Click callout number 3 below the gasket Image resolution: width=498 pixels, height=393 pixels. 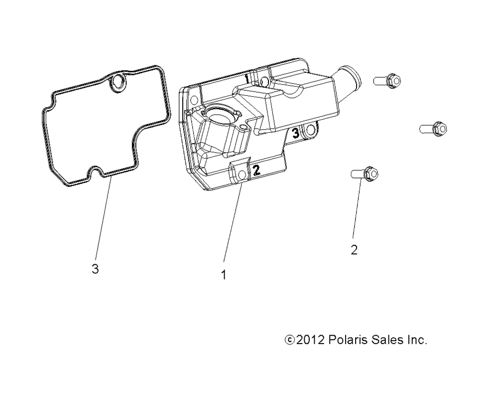[x=95, y=269]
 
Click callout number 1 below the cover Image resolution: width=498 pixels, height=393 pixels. [x=224, y=275]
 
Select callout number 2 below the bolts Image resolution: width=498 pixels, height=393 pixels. [x=354, y=250]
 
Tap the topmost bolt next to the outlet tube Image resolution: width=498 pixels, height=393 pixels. [x=387, y=81]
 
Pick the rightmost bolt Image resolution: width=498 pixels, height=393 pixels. [x=433, y=129]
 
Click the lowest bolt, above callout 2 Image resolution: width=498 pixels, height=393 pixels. [x=365, y=174]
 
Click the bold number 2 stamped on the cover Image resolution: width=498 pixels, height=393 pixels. [x=256, y=170]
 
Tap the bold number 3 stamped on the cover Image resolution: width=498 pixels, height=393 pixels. [x=295, y=133]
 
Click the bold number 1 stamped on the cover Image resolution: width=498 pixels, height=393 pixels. [x=247, y=78]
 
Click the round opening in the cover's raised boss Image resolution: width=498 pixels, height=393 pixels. [x=219, y=112]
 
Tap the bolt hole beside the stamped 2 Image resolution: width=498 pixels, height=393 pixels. [x=242, y=175]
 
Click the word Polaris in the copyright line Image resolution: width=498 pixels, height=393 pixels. [x=347, y=340]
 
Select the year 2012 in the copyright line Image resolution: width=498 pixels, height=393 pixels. [x=310, y=340]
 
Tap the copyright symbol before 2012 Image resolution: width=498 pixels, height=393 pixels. [x=290, y=340]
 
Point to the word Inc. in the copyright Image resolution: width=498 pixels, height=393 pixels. [x=417, y=340]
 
